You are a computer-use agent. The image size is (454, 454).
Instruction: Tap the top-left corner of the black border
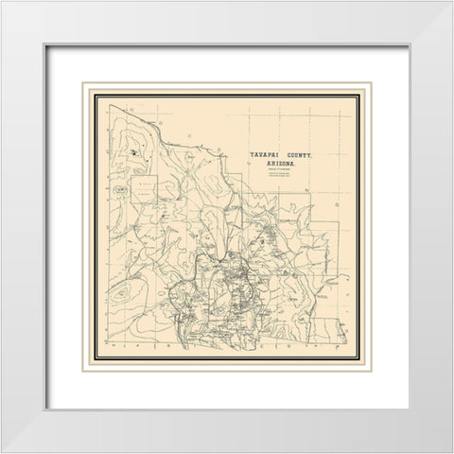coord(82,82)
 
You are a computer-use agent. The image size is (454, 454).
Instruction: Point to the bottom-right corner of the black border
coord(371,371)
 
